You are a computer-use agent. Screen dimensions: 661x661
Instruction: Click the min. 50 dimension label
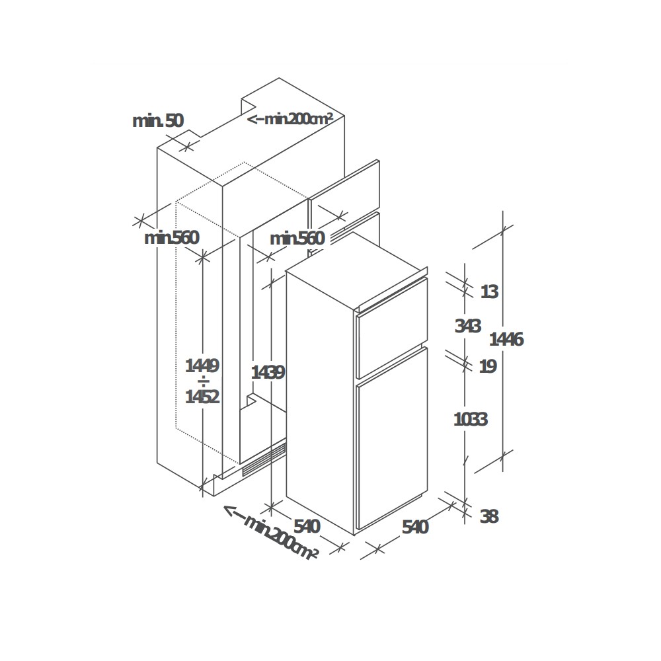[x=158, y=121]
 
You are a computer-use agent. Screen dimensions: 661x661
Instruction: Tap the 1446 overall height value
[x=506, y=339]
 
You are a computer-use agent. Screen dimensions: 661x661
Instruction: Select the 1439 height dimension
[x=268, y=371]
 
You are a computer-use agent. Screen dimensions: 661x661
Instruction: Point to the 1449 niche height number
[x=202, y=366]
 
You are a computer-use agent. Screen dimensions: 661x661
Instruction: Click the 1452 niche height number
[x=202, y=396]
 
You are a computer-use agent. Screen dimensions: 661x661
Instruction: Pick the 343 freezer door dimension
[x=468, y=325]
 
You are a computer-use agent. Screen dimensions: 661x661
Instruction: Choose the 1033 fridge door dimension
[x=471, y=419]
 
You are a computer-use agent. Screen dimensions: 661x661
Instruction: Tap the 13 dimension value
[x=489, y=292]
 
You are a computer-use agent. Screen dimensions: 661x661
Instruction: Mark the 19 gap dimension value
[x=488, y=366]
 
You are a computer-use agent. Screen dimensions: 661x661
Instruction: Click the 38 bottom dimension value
[x=489, y=516]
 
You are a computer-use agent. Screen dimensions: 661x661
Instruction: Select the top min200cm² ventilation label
[x=290, y=118]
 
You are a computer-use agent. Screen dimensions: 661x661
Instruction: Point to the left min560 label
[x=172, y=238]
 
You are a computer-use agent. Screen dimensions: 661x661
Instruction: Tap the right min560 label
[x=297, y=238]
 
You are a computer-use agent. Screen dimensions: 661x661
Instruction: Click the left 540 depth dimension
[x=307, y=526]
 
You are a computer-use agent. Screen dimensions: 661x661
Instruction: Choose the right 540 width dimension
[x=415, y=527]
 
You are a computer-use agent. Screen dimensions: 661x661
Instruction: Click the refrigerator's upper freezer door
[x=392, y=328]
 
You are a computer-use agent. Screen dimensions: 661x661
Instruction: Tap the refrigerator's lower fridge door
[x=392, y=438]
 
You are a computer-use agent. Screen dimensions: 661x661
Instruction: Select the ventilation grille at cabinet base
[x=264, y=459]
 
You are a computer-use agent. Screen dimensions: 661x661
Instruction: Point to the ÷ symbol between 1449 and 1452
[x=203, y=381]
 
